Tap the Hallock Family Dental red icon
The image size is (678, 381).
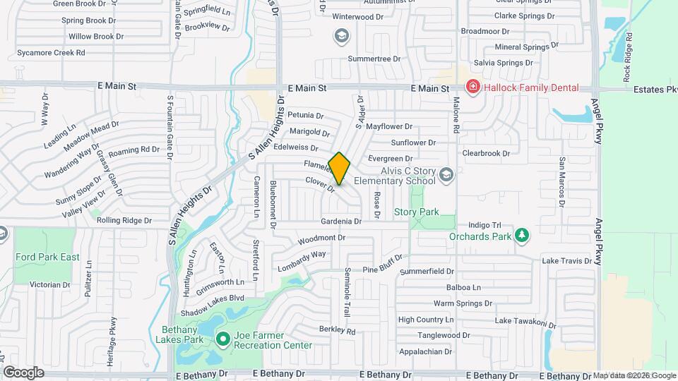pyautogui.click(x=472, y=87)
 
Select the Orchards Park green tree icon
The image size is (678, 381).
pyautogui.click(x=521, y=235)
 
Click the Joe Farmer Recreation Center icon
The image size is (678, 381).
pyautogui.click(x=223, y=340)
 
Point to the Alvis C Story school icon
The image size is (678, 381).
pyautogui.click(x=446, y=174)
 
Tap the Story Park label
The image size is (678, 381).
pyautogui.click(x=416, y=212)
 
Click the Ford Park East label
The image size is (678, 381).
pyautogui.click(x=47, y=257)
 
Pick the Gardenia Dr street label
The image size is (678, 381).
pyautogui.click(x=340, y=221)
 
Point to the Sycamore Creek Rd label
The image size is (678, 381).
pyautogui.click(x=51, y=52)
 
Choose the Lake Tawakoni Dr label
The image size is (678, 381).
pyautogui.click(x=525, y=322)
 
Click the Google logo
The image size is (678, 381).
pyautogui.click(x=23, y=372)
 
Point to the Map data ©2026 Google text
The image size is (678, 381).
pyautogui.click(x=634, y=375)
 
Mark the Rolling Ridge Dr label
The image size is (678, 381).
pyautogui.click(x=124, y=220)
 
